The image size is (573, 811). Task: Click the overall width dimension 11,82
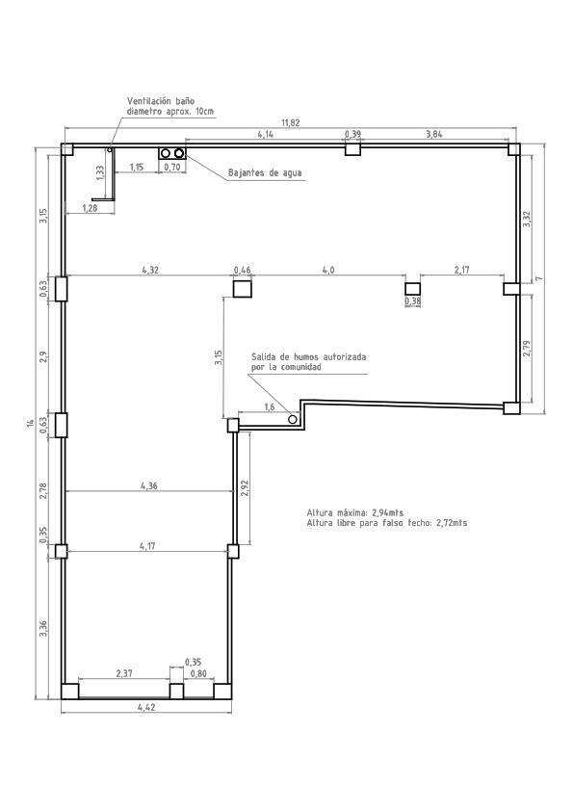[x=290, y=122]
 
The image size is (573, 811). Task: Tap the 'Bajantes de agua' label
[x=265, y=173]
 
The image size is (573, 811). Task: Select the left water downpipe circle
[x=166, y=154]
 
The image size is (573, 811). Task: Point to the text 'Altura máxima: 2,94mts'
[x=355, y=512]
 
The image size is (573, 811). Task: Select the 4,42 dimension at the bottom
[x=146, y=707]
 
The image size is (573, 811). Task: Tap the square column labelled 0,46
[x=243, y=287]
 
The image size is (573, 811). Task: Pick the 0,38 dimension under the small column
[x=413, y=301]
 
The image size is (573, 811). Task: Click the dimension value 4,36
[x=148, y=486]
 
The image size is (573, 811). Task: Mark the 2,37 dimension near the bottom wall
[x=124, y=673]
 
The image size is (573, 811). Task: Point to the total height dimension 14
[x=31, y=424]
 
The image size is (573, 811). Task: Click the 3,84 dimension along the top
[x=433, y=134]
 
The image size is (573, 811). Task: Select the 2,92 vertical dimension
[x=245, y=487]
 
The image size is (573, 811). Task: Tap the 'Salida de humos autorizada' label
[x=308, y=356]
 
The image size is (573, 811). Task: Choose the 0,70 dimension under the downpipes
[x=172, y=168]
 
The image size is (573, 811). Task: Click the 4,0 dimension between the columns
[x=327, y=271]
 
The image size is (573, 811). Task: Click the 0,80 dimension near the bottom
[x=198, y=673]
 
